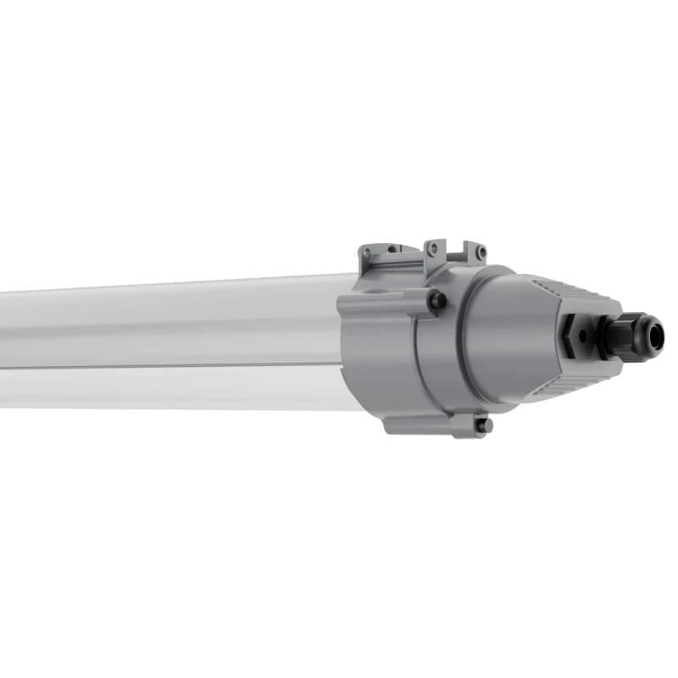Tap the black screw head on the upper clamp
(437, 300)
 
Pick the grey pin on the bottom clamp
(482, 426)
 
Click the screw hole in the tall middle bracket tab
(434, 248)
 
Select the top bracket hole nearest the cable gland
(481, 252)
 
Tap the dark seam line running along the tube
(169, 367)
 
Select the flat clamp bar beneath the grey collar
(432, 424)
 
